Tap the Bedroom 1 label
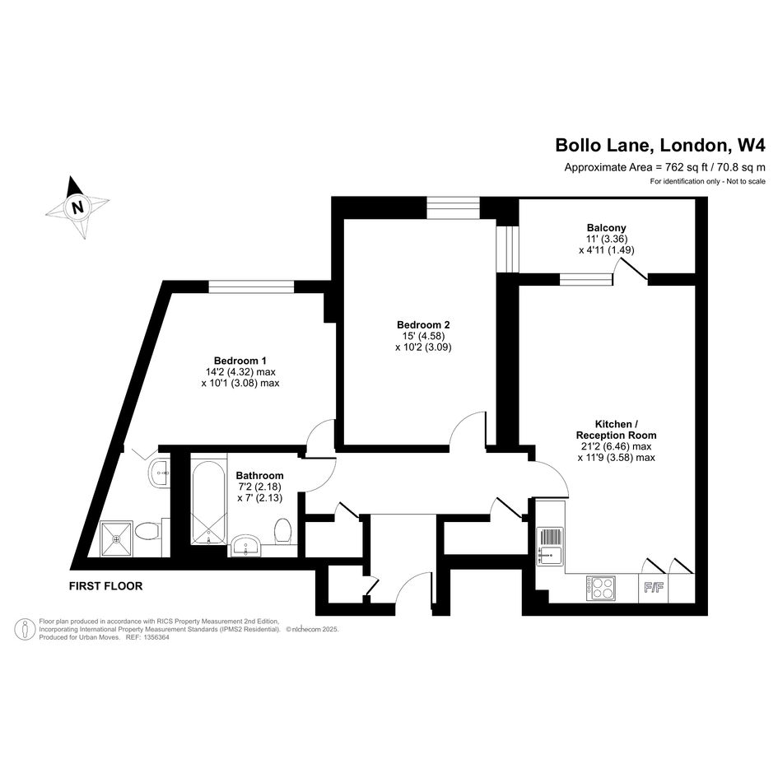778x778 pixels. point(240,361)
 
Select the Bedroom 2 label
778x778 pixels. point(423,325)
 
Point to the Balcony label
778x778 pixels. point(606,228)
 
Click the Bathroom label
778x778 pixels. point(259,475)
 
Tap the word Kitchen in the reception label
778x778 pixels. point(613,424)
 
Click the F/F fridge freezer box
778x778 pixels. point(654,589)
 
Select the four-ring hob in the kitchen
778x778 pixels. point(601,588)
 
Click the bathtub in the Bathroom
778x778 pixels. point(209,503)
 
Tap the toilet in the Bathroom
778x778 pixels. point(283,531)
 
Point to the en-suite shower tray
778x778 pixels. point(117,538)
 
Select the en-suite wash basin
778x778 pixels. point(160,473)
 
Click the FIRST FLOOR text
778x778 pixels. point(105,586)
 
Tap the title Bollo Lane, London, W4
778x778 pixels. point(660,146)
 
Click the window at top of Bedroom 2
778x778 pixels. point(454,207)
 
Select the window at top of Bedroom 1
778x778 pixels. point(251,287)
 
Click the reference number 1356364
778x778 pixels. point(156,637)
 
